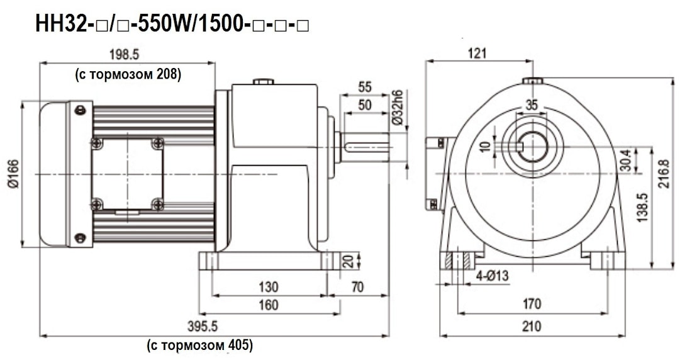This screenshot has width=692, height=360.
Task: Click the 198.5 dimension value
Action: coord(128,55)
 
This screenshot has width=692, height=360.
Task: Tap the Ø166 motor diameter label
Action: coord(13,174)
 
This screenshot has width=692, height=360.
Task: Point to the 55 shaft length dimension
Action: coord(364,87)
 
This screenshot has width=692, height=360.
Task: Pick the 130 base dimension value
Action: coord(269,287)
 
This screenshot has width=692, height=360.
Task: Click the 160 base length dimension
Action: coord(269,305)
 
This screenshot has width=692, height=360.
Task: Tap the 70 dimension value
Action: coord(357,287)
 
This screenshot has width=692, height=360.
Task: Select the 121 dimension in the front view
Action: coord(477,53)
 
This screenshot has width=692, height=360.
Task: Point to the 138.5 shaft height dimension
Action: coord(659,208)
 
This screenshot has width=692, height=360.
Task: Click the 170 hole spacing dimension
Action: coord(532,305)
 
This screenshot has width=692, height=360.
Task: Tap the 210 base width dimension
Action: coord(532,327)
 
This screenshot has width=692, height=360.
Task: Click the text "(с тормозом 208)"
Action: coord(128,74)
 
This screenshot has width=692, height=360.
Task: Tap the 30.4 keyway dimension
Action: coord(642,160)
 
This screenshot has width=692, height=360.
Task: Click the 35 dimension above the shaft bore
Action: coord(532,106)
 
